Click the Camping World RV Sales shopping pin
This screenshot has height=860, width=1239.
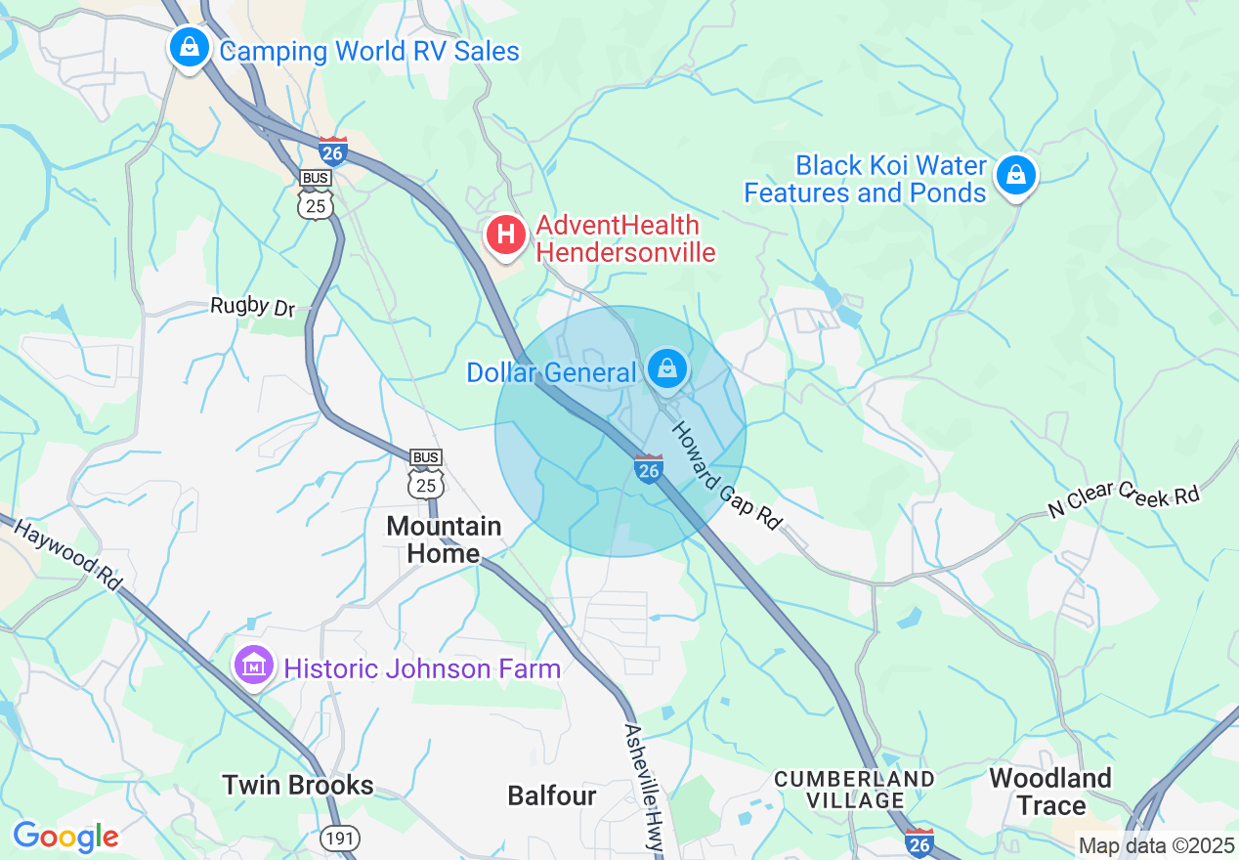click(188, 46)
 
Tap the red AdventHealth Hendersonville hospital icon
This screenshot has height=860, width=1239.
click(506, 235)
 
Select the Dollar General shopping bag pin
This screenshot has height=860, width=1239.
click(667, 368)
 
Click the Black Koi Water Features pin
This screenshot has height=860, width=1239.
click(1016, 176)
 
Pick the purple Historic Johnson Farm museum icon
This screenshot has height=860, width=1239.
click(254, 666)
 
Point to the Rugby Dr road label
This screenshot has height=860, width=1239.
click(252, 306)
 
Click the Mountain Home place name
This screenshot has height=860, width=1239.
click(445, 539)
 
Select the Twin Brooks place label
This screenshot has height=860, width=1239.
click(297, 785)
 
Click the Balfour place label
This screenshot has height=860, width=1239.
click(552, 796)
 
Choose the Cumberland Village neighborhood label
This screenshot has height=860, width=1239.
click(854, 790)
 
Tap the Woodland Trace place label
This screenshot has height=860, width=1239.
click(1050, 792)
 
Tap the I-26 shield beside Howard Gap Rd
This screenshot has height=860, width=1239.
click(649, 468)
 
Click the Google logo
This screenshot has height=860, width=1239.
click(65, 837)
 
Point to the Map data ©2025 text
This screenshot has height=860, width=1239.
click(1157, 845)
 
